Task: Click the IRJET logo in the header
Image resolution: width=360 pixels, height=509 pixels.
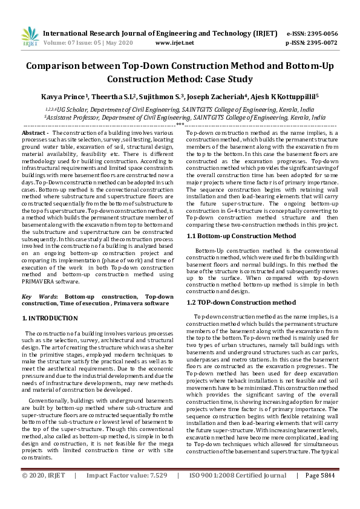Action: pos(29,37)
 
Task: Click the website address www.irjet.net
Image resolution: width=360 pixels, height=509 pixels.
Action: pos(174,43)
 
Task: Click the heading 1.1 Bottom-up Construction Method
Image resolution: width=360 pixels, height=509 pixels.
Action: pos(241,235)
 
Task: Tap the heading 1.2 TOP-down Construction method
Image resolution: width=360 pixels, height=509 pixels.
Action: pos(241,302)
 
